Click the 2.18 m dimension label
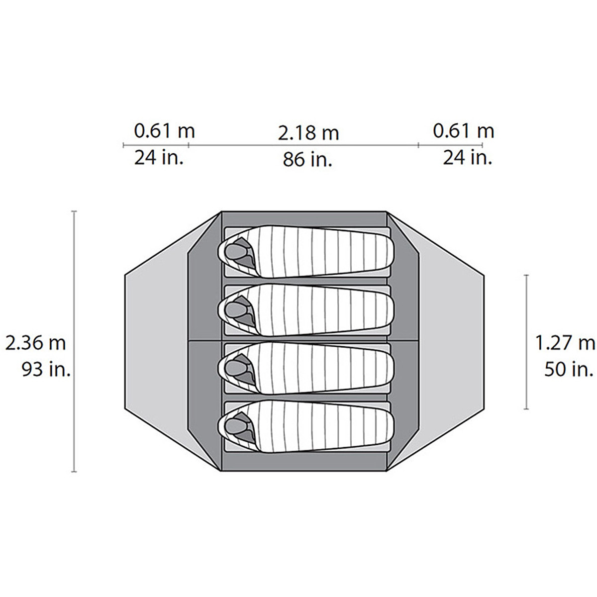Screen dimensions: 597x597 [x=308, y=133]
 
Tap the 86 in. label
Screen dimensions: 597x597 [x=307, y=160]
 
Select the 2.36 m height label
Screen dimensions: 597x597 [x=36, y=344]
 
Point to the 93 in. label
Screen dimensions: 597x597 [x=46, y=370]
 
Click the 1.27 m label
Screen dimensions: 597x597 [x=565, y=344]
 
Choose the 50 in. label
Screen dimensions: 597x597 [x=569, y=369]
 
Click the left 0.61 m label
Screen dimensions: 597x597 [x=165, y=131]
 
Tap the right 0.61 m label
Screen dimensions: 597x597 [x=463, y=131]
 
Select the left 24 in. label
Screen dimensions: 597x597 [x=159, y=158]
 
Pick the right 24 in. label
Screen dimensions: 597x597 [x=467, y=158]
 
